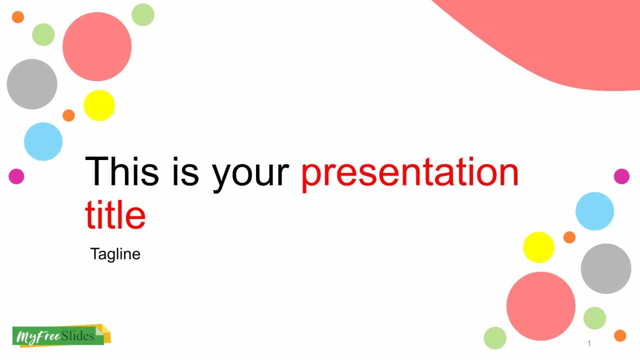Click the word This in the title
pyautogui.click(x=122, y=171)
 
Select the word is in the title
pyautogui.click(x=185, y=171)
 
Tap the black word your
pyautogui.click(x=250, y=175)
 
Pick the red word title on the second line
pyautogui.click(x=115, y=214)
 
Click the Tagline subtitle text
pyautogui.click(x=115, y=254)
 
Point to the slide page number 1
pyautogui.click(x=589, y=343)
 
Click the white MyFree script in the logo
pyautogui.click(x=38, y=336)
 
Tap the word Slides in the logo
pyautogui.click(x=77, y=336)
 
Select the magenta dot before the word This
pyautogui.click(x=16, y=176)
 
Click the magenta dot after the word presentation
pyautogui.click(x=621, y=176)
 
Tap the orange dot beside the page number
pyautogui.click(x=620, y=335)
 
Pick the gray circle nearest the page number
pyautogui.click(x=606, y=268)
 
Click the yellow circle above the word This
pyautogui.click(x=99, y=105)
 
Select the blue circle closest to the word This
pyautogui.click(x=43, y=141)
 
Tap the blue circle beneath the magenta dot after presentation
pyautogui.click(x=594, y=211)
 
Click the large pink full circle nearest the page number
pyautogui.click(x=541, y=306)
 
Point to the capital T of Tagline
pyautogui.click(x=94, y=253)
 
